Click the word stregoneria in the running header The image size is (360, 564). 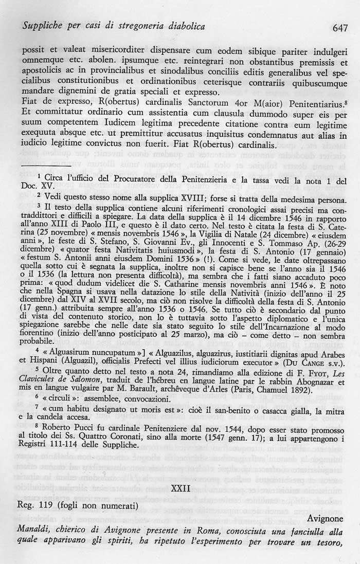coord(121,26)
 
